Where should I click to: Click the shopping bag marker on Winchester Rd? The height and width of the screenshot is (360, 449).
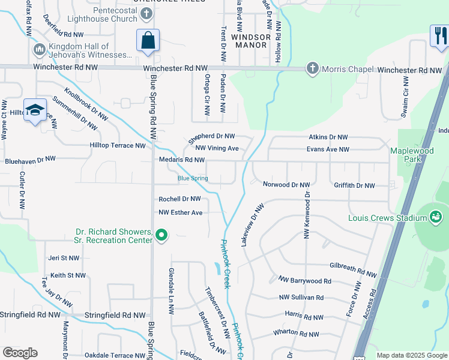point(148,41)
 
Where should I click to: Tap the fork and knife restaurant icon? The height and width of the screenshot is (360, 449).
point(439,36)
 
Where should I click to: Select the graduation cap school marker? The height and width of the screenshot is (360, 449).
point(35,110)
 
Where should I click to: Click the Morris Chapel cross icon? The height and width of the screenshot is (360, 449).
point(312,68)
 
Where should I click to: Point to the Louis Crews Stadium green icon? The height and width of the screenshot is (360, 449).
point(436,217)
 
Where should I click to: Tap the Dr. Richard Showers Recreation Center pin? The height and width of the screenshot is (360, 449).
point(161,235)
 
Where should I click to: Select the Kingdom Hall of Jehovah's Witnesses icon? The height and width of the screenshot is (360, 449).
point(40,49)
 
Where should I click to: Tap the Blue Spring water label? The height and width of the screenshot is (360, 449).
point(193,178)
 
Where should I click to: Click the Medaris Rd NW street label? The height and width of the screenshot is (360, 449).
point(182,160)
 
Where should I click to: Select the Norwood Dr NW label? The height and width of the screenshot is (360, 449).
point(286,185)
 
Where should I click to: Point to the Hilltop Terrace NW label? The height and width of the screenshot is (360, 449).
point(117,145)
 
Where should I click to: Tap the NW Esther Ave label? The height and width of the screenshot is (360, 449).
point(181,212)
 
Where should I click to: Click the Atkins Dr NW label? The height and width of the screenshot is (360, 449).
point(328,137)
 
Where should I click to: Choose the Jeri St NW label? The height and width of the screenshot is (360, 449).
point(64,258)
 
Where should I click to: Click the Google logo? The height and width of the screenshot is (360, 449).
point(20,352)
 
